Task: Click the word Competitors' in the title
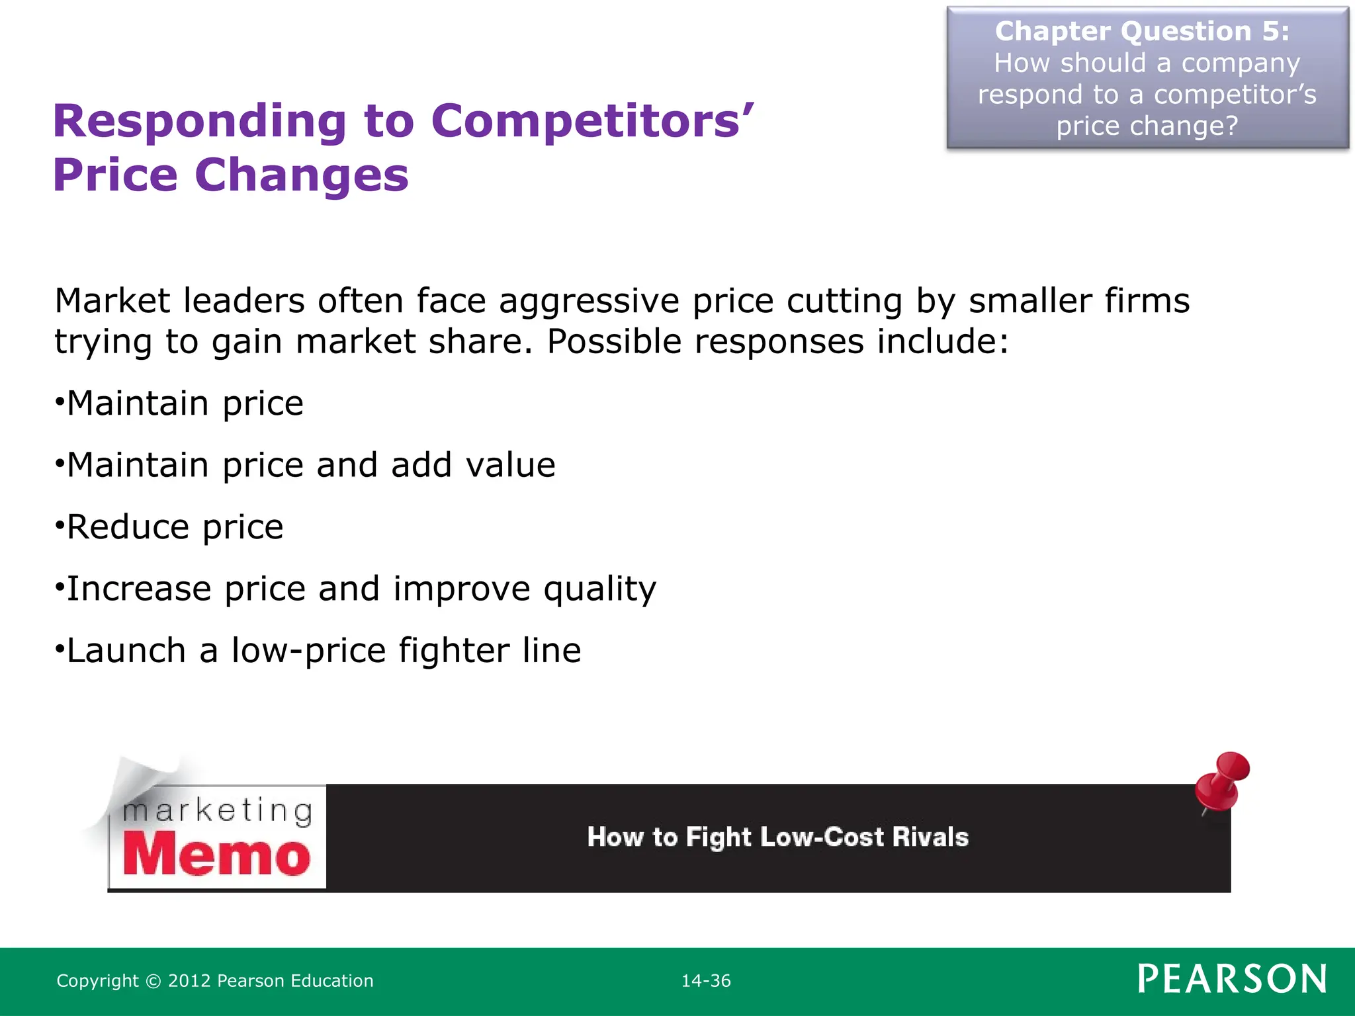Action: (x=592, y=122)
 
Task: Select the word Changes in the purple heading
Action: (x=301, y=176)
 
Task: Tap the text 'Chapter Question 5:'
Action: (x=1142, y=31)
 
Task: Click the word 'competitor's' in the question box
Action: (x=1235, y=95)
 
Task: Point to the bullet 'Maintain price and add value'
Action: (x=310, y=464)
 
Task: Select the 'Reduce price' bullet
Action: (x=175, y=527)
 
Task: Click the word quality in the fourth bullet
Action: (x=599, y=589)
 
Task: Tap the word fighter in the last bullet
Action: (x=453, y=650)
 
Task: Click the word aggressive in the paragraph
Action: (x=589, y=301)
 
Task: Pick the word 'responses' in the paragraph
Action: (x=779, y=342)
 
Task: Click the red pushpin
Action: (x=1224, y=781)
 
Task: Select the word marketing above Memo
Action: (x=218, y=811)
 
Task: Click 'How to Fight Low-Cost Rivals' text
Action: (x=777, y=837)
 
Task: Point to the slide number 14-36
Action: (x=706, y=981)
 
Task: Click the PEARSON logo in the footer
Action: (x=1232, y=980)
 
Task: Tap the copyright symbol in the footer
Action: (x=153, y=981)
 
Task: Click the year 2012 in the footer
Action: (x=189, y=981)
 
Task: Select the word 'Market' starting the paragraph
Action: (x=112, y=301)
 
